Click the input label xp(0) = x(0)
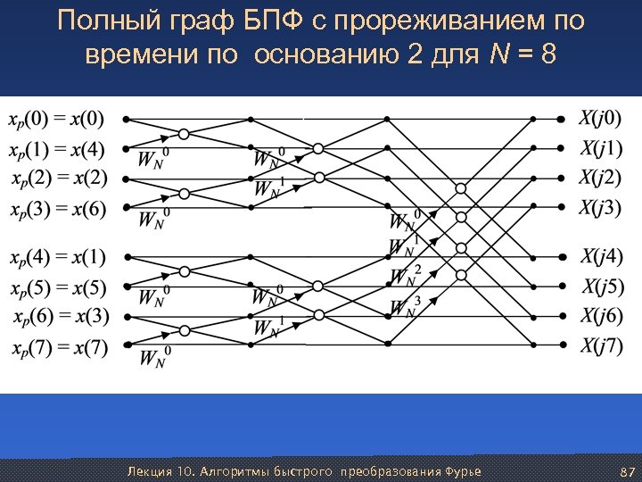pyautogui.click(x=56, y=118)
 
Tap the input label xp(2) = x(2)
pyautogui.click(x=60, y=178)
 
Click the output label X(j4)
pyautogui.click(x=602, y=258)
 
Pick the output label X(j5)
pyautogui.click(x=603, y=287)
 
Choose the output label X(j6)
pyautogui.click(x=602, y=317)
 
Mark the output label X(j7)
pyautogui.click(x=602, y=346)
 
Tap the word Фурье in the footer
pyautogui.click(x=462, y=470)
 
